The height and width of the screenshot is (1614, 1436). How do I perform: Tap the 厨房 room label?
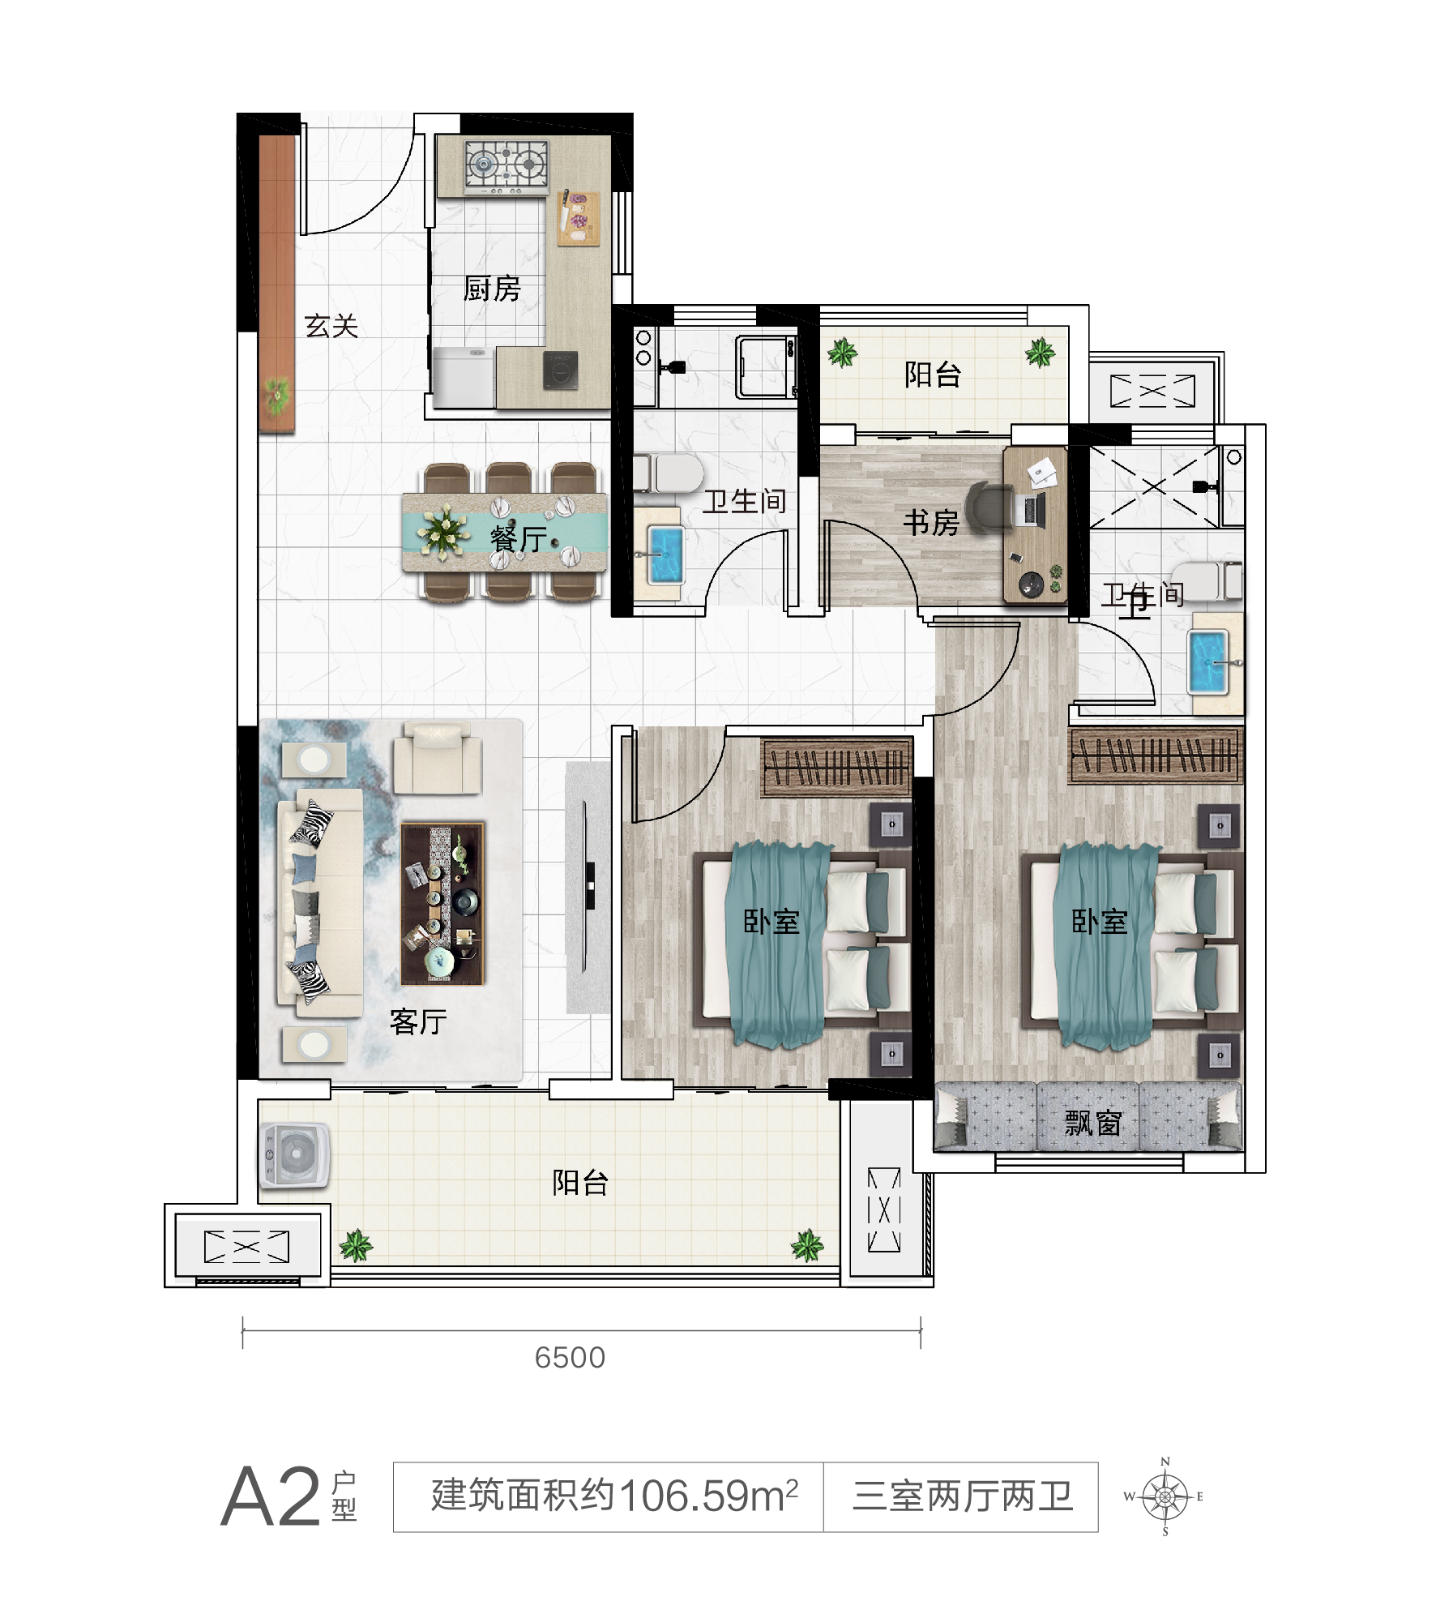coord(491,289)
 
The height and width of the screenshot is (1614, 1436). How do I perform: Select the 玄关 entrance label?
coord(331,326)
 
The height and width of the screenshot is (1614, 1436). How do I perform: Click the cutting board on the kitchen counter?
coord(578,218)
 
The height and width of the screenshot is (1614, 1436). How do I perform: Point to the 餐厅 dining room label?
coord(519,537)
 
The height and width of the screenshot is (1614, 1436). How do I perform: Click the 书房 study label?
coord(931,523)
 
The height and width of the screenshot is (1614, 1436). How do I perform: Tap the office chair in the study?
coord(989,508)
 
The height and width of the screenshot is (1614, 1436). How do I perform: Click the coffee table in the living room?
coord(442,904)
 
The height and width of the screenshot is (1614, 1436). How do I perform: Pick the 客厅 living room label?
coord(418,1021)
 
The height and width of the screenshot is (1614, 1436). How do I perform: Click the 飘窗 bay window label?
coord(1092,1123)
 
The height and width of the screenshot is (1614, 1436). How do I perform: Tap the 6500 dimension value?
coord(570,1358)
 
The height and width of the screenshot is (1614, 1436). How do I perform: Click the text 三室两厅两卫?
coord(962,1496)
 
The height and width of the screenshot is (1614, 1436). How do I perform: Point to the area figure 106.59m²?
coord(708,1496)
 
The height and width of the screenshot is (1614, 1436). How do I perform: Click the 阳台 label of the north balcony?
coord(932,375)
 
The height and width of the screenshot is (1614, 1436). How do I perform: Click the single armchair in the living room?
coord(438,758)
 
